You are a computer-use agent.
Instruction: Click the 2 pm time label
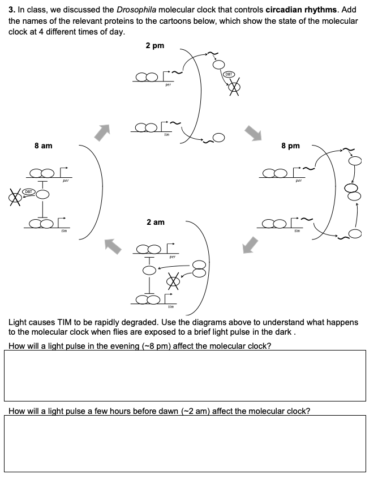(154, 46)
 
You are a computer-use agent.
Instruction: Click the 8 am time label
(43, 146)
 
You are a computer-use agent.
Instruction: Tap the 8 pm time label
(290, 146)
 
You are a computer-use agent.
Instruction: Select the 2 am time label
(155, 222)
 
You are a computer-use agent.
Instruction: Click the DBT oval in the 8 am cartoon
(28, 193)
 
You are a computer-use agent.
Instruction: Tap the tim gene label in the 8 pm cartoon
(296, 231)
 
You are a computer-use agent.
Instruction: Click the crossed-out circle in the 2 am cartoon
(174, 280)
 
